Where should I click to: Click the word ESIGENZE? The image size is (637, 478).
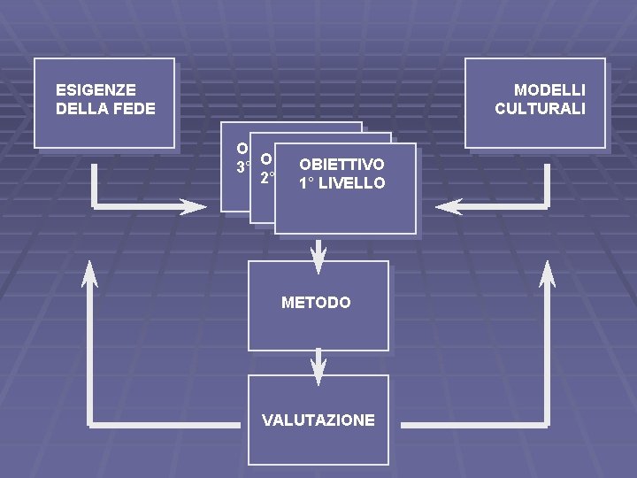click(x=96, y=90)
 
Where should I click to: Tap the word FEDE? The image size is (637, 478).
click(x=136, y=109)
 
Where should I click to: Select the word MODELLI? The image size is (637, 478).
click(x=549, y=90)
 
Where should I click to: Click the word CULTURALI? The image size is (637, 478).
click(x=540, y=109)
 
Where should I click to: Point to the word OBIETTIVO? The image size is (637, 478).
click(x=342, y=165)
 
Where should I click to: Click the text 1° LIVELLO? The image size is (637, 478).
click(x=342, y=183)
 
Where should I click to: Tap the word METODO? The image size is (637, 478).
click(x=316, y=303)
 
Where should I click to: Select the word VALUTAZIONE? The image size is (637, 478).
click(x=318, y=420)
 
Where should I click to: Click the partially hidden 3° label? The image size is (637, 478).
click(x=242, y=166)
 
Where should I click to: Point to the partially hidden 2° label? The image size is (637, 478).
click(x=266, y=178)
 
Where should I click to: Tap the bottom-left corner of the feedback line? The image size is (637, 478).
click(x=90, y=424)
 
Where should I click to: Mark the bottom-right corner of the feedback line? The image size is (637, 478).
click(x=548, y=424)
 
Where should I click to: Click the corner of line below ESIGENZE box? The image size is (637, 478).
click(x=94, y=206)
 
